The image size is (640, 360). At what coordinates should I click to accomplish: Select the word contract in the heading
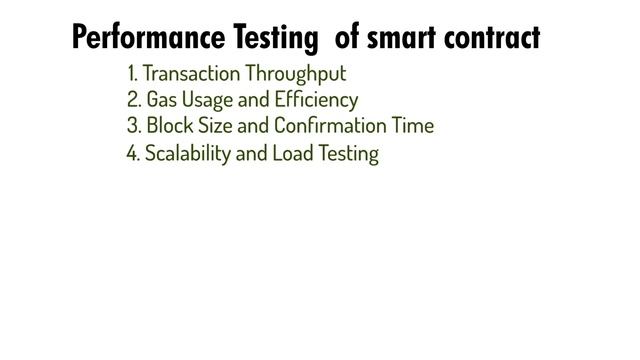click(x=491, y=38)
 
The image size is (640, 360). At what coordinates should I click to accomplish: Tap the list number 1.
click(x=132, y=74)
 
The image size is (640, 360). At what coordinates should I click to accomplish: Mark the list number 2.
click(x=133, y=100)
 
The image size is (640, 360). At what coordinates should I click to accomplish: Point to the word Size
click(x=215, y=126)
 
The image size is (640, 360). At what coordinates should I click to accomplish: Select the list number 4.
click(x=133, y=154)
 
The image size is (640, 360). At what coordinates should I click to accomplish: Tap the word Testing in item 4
click(x=345, y=155)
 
